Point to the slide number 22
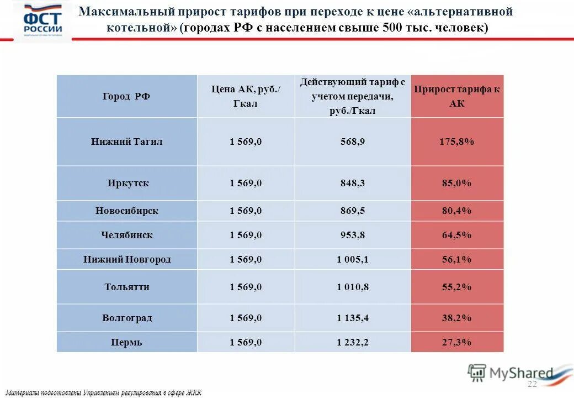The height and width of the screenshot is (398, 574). [532, 384]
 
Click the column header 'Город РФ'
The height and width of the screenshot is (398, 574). [126, 96]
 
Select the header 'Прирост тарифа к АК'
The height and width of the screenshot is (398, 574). [457, 96]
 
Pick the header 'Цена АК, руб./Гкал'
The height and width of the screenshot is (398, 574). [246, 96]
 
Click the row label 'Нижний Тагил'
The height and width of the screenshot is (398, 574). [126, 142]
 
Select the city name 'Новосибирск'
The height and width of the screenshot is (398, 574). [126, 211]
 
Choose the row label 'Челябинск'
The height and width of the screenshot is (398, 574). [126, 235]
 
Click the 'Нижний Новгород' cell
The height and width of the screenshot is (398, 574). [126, 259]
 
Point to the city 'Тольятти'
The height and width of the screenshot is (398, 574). [126, 287]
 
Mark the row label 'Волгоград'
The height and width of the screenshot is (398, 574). [126, 318]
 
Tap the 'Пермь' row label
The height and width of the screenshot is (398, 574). [126, 342]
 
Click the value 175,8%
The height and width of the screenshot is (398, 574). [457, 142]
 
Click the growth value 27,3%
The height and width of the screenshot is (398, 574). [457, 342]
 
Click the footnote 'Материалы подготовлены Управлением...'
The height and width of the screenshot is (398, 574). [104, 392]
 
